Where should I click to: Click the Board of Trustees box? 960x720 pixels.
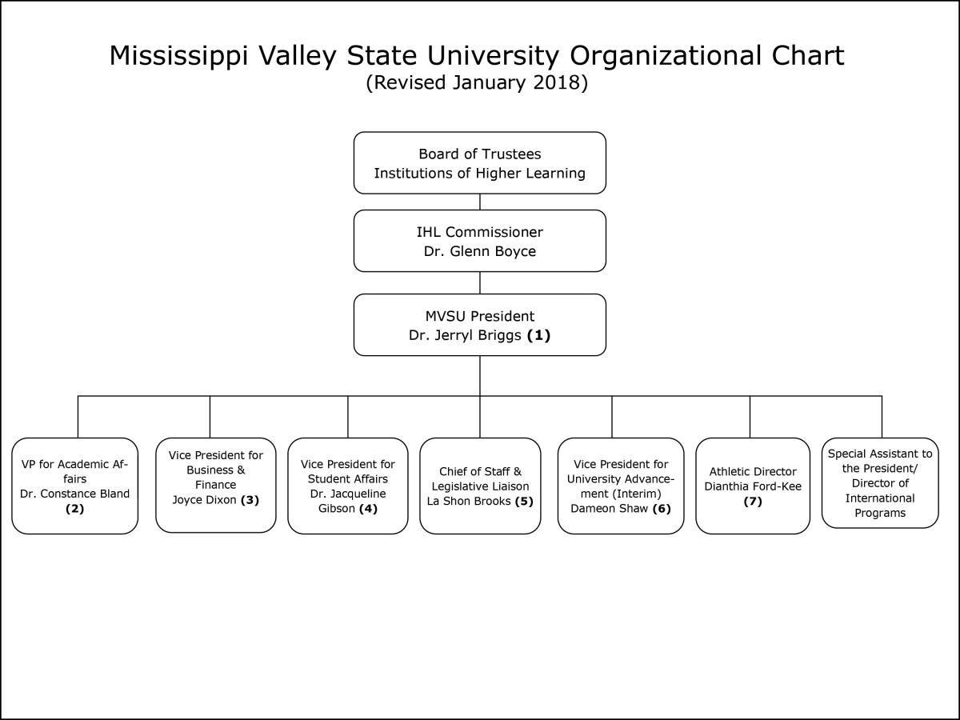click(x=480, y=162)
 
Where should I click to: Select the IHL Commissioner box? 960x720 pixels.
click(x=480, y=241)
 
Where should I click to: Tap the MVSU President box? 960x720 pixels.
click(x=480, y=325)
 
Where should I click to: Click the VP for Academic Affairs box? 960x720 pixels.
click(x=74, y=486)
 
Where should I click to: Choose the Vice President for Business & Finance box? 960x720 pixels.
click(x=216, y=486)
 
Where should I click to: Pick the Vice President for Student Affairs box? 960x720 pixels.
click(x=348, y=486)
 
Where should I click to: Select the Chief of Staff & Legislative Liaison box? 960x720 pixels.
click(x=480, y=486)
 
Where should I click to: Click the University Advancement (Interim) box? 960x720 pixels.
click(x=621, y=486)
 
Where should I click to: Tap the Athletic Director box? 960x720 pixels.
click(x=753, y=486)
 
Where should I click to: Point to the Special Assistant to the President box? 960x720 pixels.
click(x=880, y=483)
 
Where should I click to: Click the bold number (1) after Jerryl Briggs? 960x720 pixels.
click(x=538, y=335)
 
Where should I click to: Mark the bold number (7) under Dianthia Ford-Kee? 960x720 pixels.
click(x=753, y=501)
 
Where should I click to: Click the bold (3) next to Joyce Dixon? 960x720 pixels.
click(x=250, y=500)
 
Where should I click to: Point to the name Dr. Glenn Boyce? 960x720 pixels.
click(x=480, y=251)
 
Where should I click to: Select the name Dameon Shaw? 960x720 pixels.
click(x=609, y=508)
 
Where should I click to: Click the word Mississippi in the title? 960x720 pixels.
click(x=178, y=56)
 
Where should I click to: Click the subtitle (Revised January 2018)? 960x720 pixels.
click(x=477, y=82)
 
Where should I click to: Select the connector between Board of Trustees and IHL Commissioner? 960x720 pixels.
click(x=480, y=202)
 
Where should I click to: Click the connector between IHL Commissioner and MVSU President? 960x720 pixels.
click(x=480, y=283)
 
